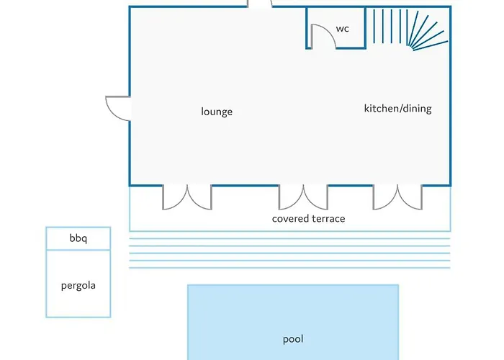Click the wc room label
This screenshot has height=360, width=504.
(x=342, y=29)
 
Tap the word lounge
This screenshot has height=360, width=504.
(x=217, y=112)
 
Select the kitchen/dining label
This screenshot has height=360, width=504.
(x=398, y=108)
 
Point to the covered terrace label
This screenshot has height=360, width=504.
(x=309, y=219)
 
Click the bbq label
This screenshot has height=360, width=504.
(x=78, y=238)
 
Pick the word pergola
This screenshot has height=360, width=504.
(x=78, y=285)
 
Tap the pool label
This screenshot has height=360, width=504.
(x=293, y=339)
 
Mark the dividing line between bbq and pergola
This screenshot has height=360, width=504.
(x=78, y=250)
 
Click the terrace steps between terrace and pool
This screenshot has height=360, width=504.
(x=289, y=253)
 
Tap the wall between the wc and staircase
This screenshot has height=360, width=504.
(x=365, y=27)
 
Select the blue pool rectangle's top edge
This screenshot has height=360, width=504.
(x=293, y=285)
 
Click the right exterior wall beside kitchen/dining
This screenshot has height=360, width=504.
(x=450, y=96)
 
